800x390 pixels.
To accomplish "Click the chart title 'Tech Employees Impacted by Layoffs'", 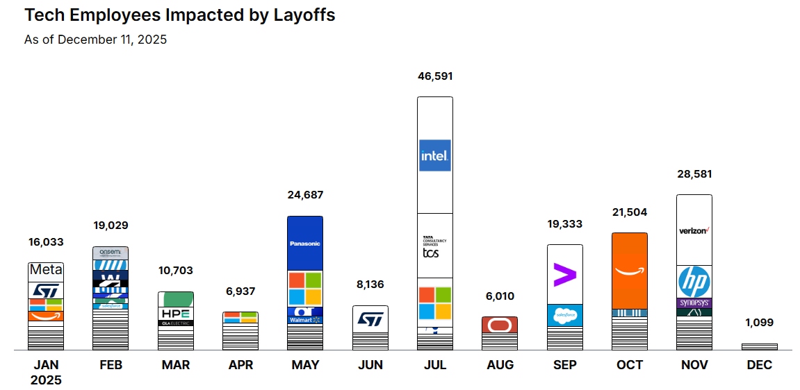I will (x=179, y=15).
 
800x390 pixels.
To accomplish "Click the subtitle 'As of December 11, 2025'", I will (x=95, y=40).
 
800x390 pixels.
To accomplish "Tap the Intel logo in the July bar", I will (x=435, y=155).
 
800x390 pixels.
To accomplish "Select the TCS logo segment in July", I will (x=434, y=247).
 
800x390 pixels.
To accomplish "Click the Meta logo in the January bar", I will (x=46, y=270).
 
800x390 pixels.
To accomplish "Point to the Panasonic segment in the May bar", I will (x=305, y=244).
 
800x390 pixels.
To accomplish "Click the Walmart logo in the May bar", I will (x=305, y=320).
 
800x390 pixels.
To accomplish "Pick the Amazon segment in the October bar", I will (x=630, y=271).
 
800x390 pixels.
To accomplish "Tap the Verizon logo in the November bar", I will (x=694, y=230).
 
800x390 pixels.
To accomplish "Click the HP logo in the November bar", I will (x=694, y=282).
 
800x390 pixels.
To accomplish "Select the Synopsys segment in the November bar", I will (x=694, y=303).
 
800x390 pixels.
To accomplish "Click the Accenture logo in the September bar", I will (x=564, y=275).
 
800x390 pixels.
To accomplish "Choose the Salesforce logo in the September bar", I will (x=564, y=315).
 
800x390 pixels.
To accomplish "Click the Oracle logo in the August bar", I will (x=500, y=325).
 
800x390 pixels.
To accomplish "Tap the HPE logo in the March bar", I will (x=175, y=313).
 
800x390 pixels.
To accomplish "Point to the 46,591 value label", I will (x=434, y=76).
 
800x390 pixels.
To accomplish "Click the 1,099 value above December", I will (x=759, y=323).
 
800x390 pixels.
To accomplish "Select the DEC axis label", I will (x=759, y=365).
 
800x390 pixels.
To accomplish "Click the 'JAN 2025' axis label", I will (x=46, y=372).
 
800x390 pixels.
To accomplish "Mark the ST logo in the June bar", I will (x=370, y=319).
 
